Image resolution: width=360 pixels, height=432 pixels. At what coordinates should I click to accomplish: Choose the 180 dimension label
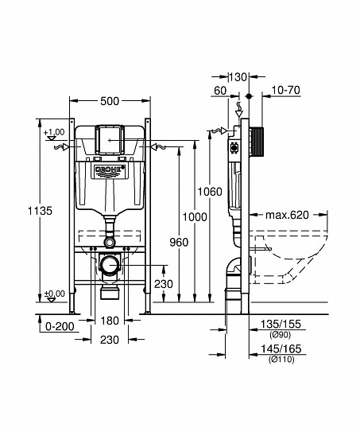(x=110, y=321)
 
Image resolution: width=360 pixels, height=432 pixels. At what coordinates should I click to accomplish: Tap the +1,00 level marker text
(x=54, y=132)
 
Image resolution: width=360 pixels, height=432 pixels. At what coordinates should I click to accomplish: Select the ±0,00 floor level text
(x=54, y=294)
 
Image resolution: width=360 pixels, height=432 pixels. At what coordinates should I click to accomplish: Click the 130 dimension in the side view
(x=238, y=76)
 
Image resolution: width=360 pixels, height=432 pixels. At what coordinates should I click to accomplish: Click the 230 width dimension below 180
(x=110, y=340)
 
